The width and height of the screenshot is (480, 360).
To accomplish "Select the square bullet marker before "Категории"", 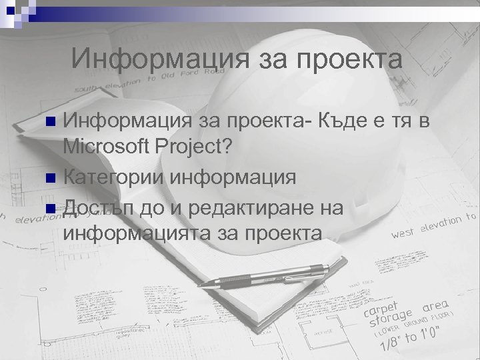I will (51, 179).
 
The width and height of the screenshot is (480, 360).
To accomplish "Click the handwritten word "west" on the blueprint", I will (405, 233).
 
